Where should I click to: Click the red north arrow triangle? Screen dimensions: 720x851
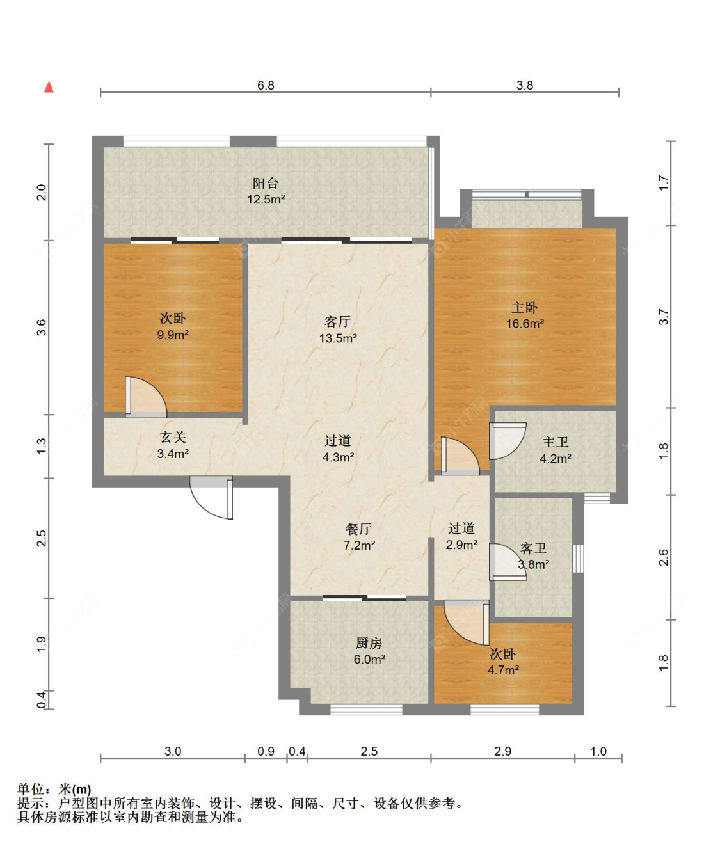coord(49,87)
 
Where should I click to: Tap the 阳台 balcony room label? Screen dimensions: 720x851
coord(266,183)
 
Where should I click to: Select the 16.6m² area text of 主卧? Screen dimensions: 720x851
coord(525,323)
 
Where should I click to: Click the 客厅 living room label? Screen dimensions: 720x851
coord(338,322)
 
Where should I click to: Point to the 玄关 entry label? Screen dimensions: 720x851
coord(173,437)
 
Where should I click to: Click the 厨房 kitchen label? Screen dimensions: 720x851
coord(369,642)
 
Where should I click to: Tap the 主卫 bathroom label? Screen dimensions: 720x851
coord(556,442)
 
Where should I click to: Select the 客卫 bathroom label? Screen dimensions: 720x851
coord(533,548)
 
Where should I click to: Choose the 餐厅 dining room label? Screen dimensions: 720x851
coord(359,529)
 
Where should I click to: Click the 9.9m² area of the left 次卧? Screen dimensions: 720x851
coord(173,335)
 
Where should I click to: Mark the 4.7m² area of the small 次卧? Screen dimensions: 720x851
coord(503,671)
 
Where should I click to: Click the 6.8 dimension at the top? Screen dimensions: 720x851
coord(266,85)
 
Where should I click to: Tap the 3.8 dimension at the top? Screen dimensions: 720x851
coord(525,85)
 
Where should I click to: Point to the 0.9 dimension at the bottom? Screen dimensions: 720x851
coord(266,751)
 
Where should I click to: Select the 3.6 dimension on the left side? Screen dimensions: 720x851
coord(42,328)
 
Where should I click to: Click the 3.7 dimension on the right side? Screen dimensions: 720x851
coord(664,316)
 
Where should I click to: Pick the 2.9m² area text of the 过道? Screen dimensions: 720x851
coord(461,545)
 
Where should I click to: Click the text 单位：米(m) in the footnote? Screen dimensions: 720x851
coord(54,789)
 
